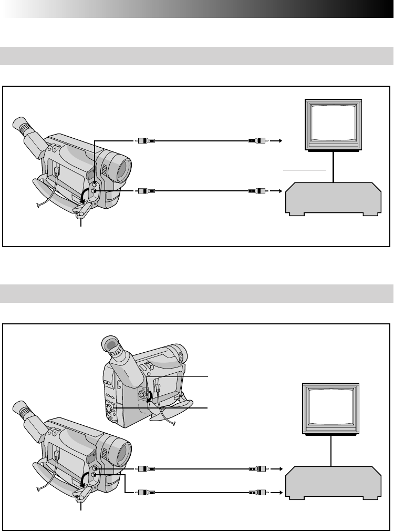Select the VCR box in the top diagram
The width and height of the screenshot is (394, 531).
333,199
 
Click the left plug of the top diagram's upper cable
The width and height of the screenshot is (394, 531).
144,141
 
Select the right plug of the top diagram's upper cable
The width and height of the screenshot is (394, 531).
257,141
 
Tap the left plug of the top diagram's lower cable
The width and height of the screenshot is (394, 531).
144,191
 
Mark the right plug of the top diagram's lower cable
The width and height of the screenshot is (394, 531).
257,191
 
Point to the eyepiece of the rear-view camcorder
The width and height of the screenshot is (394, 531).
111,345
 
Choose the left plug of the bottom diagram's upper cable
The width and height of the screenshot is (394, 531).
144,468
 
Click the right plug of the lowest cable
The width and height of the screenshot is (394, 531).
257,493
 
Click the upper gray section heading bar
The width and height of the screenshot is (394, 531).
197,56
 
